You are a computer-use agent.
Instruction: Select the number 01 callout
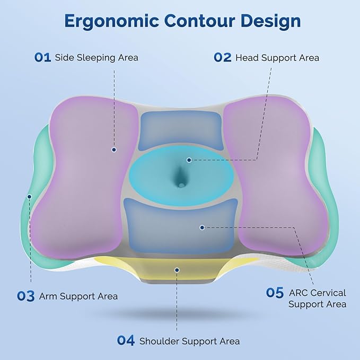42,57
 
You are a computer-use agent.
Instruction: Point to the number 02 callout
223,57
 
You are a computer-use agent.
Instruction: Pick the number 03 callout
25,296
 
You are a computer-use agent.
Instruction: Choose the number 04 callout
126,341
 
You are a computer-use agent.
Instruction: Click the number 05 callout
275,293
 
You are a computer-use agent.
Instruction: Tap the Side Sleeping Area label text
96,57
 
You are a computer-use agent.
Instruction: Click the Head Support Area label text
277,57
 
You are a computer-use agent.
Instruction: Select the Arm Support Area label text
78,296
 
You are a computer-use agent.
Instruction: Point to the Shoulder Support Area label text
189,341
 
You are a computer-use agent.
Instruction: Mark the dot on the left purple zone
113,150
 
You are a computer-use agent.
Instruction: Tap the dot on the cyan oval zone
189,159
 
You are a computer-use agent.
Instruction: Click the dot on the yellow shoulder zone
177,269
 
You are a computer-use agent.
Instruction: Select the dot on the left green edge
30,196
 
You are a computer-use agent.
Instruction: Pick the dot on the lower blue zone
202,227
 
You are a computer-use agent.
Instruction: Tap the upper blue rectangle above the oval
180,130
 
